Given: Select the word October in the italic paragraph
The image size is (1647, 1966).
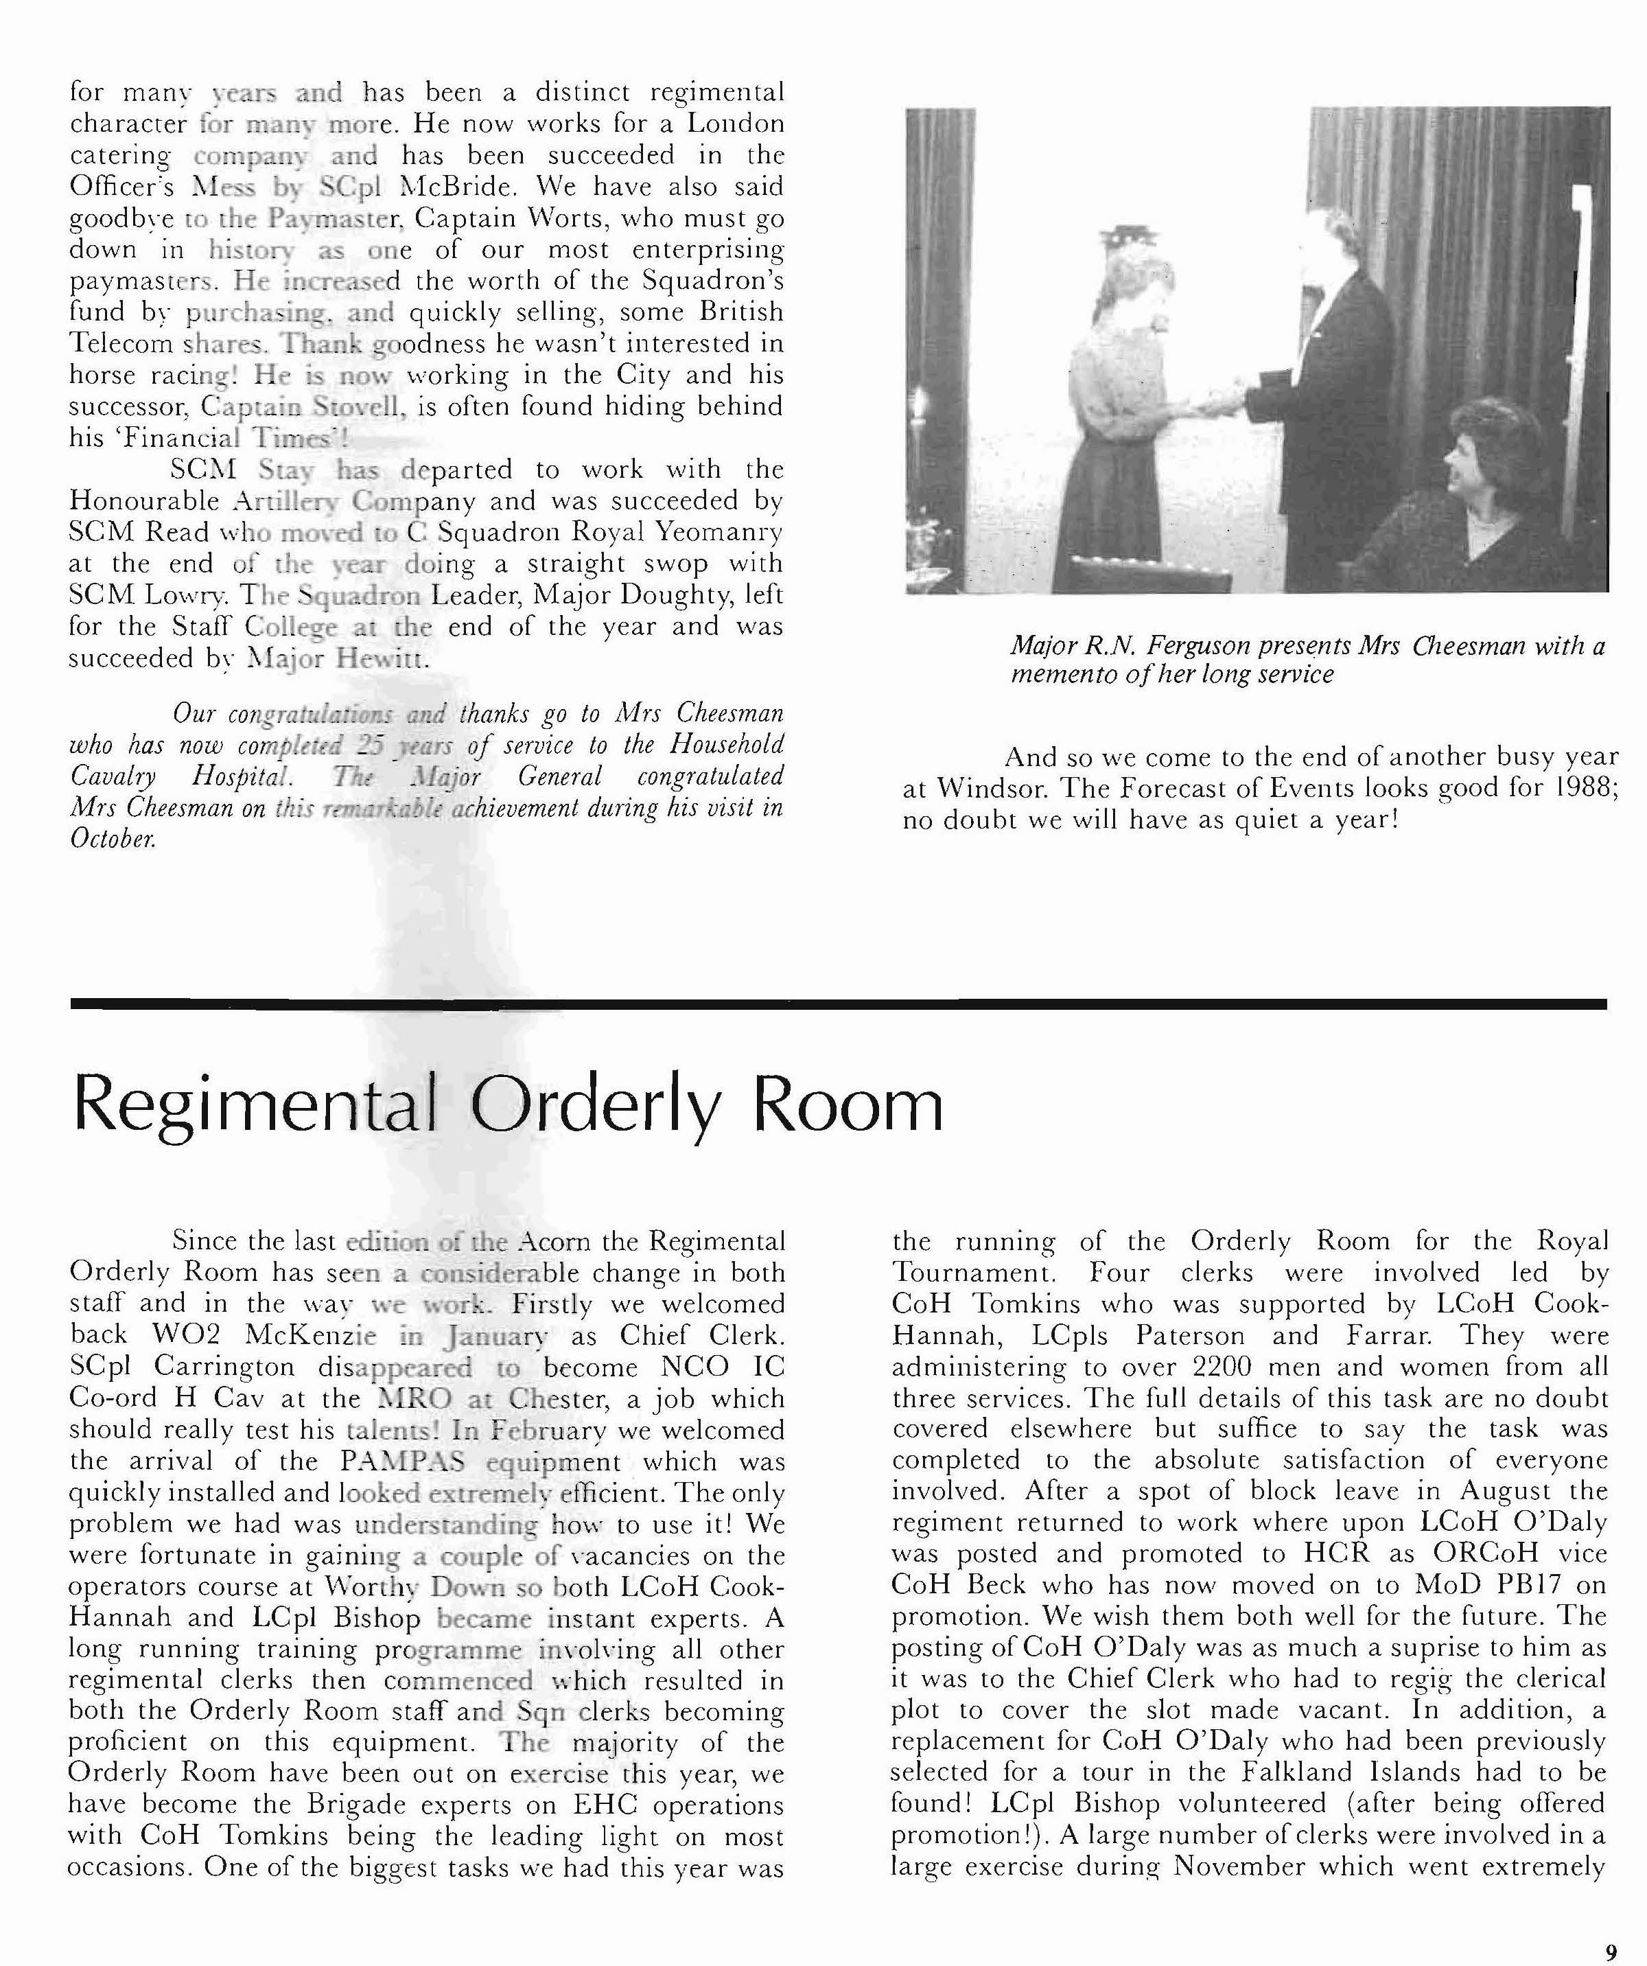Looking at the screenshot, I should (x=113, y=839).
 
